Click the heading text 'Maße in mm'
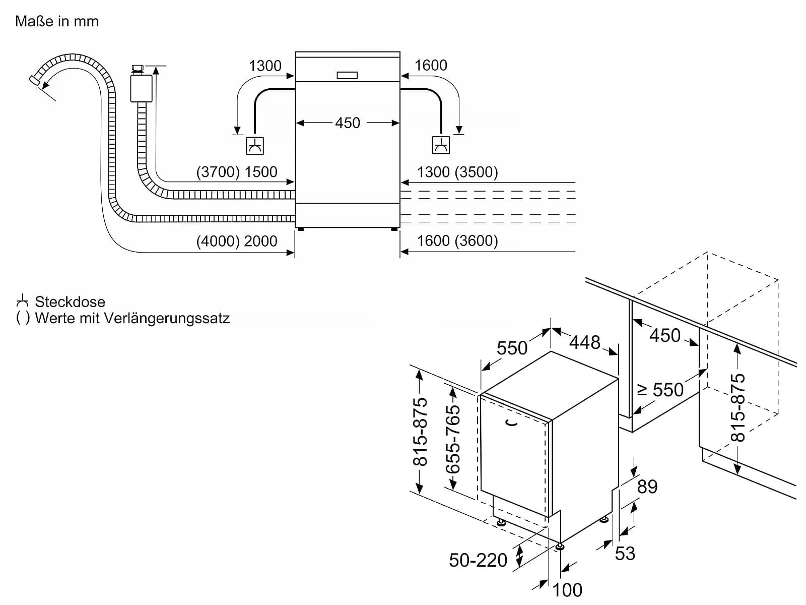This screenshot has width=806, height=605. point(57,21)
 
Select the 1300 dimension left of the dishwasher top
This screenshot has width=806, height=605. point(265,66)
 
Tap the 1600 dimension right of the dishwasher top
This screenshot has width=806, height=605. point(431,66)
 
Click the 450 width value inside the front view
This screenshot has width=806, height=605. point(348,123)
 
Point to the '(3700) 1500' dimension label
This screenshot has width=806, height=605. point(237,172)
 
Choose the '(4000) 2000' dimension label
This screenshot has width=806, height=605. point(237,241)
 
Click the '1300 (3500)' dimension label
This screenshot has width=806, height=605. point(457,172)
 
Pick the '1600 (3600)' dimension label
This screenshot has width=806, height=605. point(457,241)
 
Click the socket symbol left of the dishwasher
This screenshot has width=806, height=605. point(255,146)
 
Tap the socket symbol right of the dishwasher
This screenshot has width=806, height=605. point(441,145)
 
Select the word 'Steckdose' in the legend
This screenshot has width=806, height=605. point(70,302)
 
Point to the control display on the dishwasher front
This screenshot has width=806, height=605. point(347,75)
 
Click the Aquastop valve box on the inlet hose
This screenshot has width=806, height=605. point(141,88)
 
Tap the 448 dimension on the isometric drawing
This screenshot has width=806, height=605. point(585,343)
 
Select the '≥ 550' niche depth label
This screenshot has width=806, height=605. point(660,390)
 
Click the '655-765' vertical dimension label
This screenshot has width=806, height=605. point(453,439)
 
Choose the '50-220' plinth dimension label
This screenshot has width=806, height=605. point(478,560)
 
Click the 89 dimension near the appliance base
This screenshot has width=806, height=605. point(647,487)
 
